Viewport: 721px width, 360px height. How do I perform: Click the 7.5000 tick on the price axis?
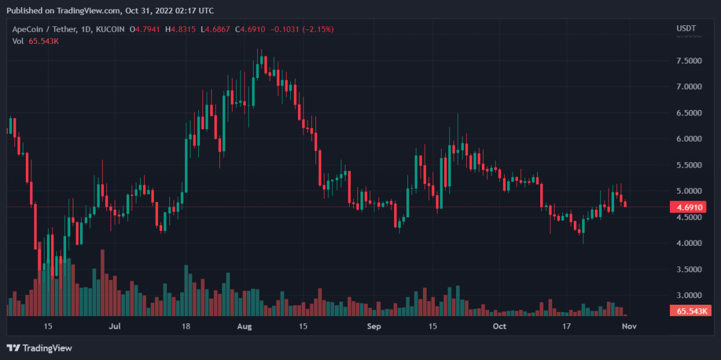click(689, 61)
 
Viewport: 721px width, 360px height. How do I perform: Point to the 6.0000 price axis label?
click(689, 139)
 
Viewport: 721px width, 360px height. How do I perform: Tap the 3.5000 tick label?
click(689, 269)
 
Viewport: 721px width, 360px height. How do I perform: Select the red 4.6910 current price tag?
click(688, 207)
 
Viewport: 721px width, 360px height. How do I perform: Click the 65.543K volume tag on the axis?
click(690, 311)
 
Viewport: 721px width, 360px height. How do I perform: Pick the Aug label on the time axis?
click(245, 326)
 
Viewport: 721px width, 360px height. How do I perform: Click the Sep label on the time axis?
click(374, 326)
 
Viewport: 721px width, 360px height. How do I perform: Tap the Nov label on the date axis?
click(629, 326)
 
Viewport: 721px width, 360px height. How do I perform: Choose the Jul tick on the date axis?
click(115, 326)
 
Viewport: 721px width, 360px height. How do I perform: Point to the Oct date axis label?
click(499, 326)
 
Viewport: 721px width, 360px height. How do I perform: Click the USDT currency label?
click(686, 28)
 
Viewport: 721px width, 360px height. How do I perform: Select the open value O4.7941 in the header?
click(145, 29)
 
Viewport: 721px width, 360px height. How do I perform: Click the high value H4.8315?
click(180, 29)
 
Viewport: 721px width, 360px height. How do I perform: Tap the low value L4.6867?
click(215, 29)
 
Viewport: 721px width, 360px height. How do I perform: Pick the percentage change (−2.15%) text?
click(318, 29)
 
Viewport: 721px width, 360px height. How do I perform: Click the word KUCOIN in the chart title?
click(110, 29)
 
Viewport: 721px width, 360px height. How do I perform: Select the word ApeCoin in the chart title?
click(28, 29)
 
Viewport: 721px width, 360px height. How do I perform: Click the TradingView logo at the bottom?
click(39, 348)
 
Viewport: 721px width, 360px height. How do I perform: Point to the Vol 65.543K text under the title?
click(35, 41)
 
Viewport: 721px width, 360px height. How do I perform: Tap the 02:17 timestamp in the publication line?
click(185, 11)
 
